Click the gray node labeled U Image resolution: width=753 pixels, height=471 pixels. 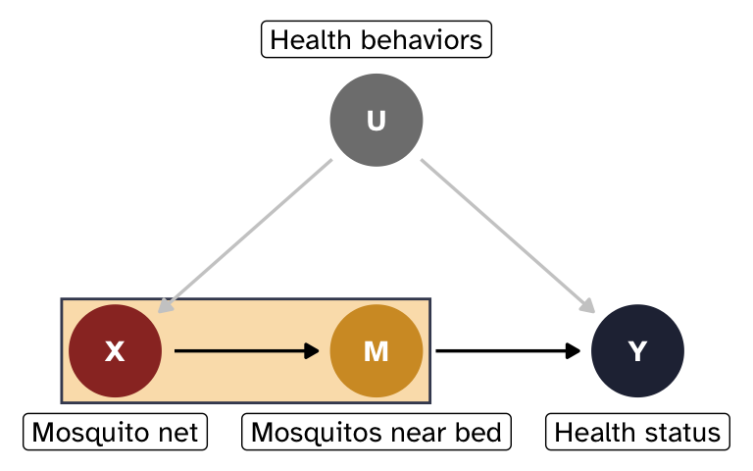coord(376,120)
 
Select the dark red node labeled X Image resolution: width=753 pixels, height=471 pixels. coord(115,350)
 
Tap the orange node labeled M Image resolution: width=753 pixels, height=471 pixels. coord(376,350)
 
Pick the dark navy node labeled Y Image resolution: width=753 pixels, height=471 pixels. coord(637,350)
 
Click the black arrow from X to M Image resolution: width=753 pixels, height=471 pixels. coord(245,350)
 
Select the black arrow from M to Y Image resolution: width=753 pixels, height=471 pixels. coord(505,350)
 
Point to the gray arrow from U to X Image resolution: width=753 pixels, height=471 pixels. coord(245,235)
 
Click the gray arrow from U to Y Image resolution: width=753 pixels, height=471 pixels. coord(508,235)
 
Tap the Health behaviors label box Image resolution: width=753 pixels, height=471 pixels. coord(376,40)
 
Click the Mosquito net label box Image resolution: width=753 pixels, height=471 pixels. coord(115,432)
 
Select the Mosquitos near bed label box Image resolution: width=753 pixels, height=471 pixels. coord(376,432)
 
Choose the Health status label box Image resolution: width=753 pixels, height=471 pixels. coord(637,432)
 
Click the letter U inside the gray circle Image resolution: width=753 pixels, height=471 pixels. coord(376,120)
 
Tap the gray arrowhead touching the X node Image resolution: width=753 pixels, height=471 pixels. coord(166,305)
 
